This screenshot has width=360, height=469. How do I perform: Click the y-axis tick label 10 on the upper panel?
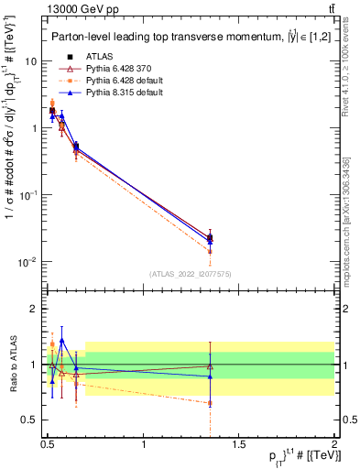(29, 61)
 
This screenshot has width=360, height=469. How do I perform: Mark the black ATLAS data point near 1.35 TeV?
(211, 237)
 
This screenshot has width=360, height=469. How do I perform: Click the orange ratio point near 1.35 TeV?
(211, 403)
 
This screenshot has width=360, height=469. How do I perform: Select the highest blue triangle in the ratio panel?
(61, 340)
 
